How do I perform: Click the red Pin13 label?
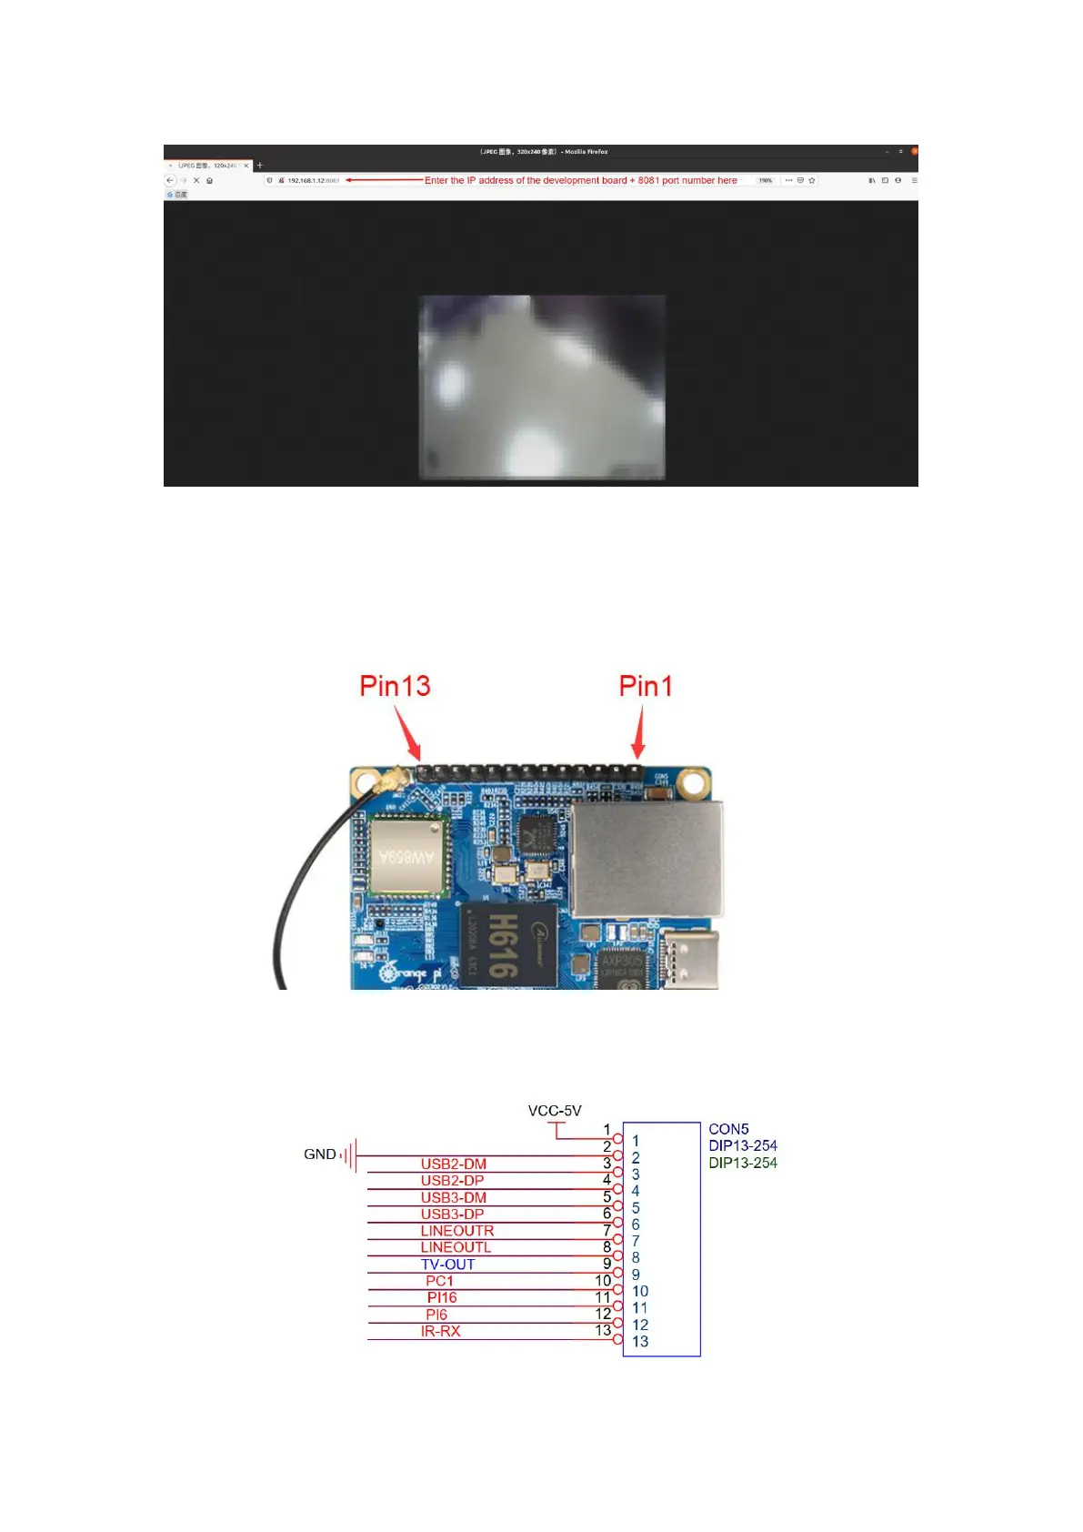coord(395,686)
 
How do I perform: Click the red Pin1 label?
coord(646,686)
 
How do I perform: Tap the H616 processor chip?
coord(507,945)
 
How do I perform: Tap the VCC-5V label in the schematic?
coord(554,1111)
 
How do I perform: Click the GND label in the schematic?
coord(319,1154)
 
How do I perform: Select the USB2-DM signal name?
coord(453,1164)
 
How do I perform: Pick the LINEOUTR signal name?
coord(456,1231)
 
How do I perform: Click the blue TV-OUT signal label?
coord(447,1265)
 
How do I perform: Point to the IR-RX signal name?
coord(440,1331)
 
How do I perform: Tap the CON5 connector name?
coord(728,1129)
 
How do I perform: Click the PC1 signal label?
coord(439,1281)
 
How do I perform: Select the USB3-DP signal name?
coord(452,1215)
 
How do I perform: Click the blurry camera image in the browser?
coord(542,387)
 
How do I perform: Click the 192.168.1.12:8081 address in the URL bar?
coord(313,180)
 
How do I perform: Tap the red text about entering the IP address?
coord(580,180)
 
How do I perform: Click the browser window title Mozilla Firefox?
coord(586,152)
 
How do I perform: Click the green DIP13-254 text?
coord(743,1163)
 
